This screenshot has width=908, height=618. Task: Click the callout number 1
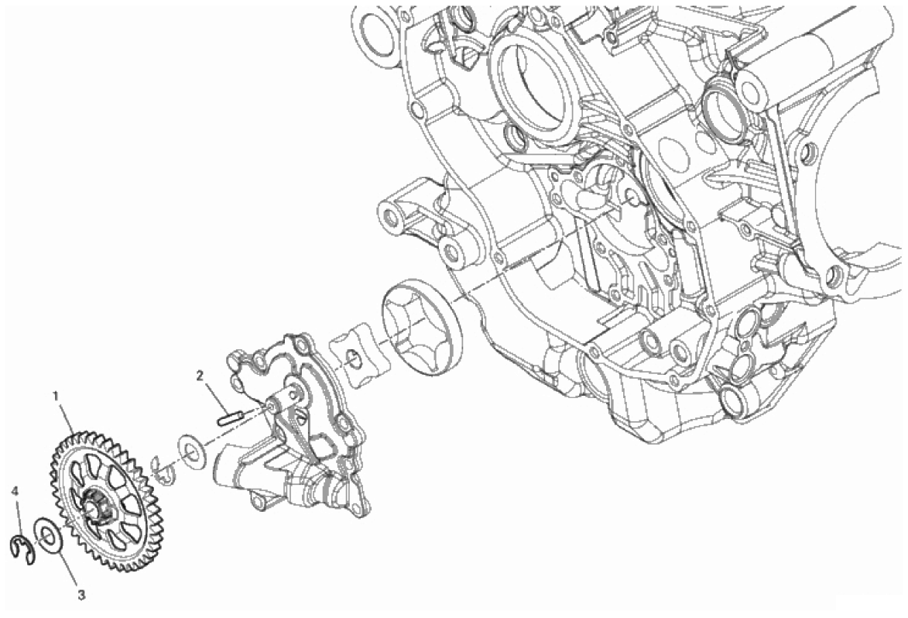point(56,397)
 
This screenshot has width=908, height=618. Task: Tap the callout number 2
point(200,376)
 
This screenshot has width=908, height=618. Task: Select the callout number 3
point(81,594)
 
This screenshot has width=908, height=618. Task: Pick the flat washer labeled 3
point(47,537)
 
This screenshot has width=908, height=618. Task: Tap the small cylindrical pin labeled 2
point(230,418)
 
